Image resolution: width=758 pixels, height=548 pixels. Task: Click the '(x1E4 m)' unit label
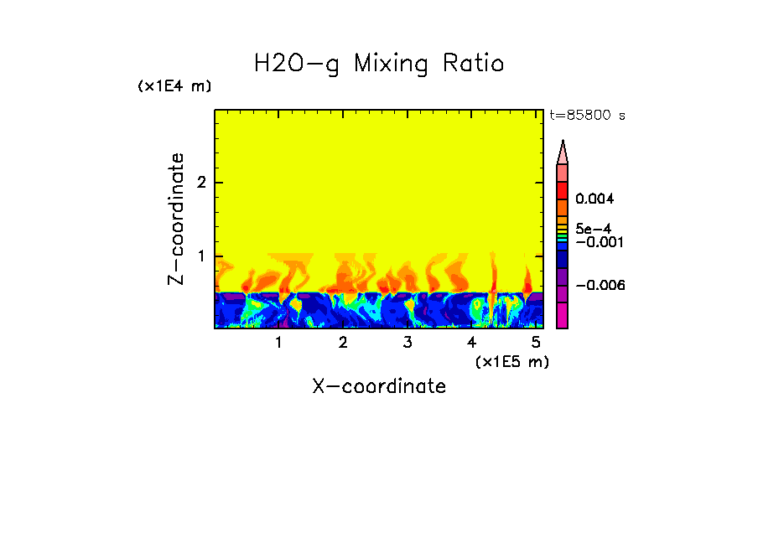click(x=174, y=86)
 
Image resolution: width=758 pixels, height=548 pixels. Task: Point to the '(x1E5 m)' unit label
click(x=511, y=361)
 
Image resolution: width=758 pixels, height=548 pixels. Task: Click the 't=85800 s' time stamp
click(x=587, y=116)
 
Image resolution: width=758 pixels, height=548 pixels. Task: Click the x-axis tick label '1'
click(x=278, y=342)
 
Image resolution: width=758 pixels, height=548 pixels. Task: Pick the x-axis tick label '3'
click(x=407, y=342)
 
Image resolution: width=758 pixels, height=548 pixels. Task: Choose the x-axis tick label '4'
click(x=471, y=342)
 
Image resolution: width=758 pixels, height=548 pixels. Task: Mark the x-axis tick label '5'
click(x=536, y=342)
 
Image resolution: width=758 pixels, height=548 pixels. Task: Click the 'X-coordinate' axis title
click(x=379, y=386)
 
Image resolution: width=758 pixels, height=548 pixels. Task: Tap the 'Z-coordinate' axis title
click(x=176, y=219)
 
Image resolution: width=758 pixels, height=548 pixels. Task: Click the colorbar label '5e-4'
click(x=593, y=228)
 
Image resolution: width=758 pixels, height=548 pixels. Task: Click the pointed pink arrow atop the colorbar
click(x=563, y=152)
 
